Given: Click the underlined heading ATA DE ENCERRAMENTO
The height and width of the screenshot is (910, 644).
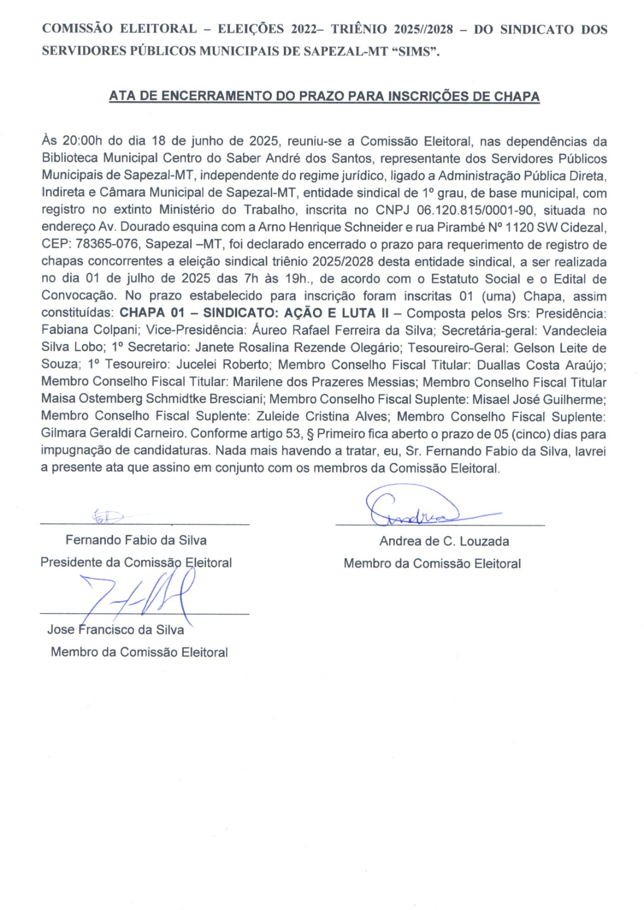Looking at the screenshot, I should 324,96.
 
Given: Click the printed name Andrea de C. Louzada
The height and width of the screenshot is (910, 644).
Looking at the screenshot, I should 444,541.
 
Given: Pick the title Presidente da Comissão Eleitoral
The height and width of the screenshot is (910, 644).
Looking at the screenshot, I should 136,562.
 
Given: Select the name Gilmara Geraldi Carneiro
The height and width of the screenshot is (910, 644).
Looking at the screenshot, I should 113,433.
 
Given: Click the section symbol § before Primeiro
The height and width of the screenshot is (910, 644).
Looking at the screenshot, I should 311,433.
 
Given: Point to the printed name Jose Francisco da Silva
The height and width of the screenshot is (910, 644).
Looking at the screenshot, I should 115,630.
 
